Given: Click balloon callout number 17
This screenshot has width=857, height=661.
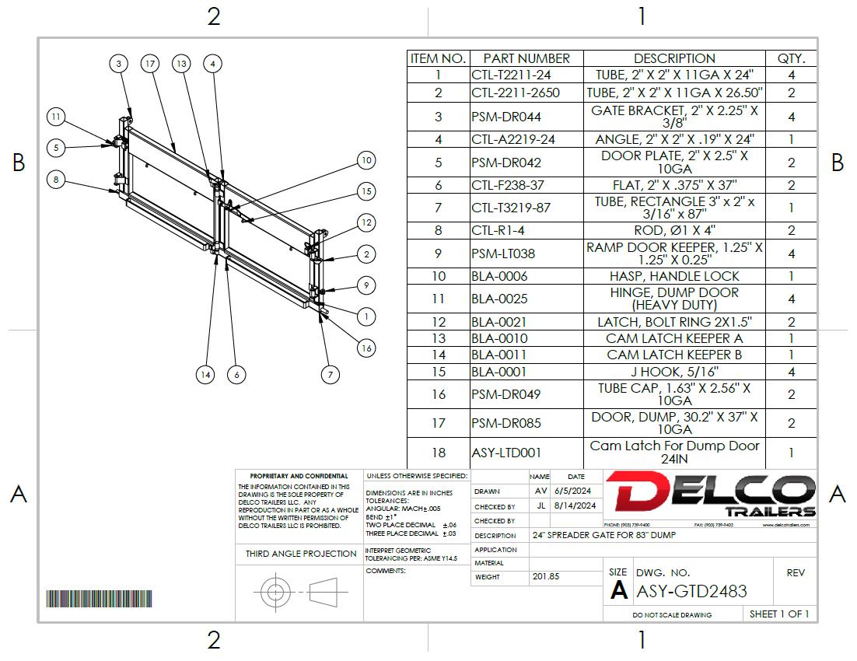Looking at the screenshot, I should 150,64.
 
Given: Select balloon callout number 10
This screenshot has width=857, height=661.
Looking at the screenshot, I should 366,161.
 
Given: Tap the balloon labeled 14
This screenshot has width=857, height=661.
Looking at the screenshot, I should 205,374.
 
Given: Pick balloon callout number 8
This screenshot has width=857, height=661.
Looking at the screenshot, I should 56,180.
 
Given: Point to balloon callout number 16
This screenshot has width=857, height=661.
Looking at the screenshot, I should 366,348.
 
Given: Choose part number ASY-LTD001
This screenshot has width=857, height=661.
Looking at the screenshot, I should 506,453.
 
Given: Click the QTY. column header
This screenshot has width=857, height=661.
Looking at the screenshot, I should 792,58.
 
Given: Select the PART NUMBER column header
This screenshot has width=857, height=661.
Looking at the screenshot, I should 526,58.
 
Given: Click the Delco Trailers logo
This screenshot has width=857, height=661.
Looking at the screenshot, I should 711,495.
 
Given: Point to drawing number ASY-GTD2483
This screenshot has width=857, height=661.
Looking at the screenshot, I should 691,591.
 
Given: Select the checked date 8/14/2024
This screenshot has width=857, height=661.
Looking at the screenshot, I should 575,505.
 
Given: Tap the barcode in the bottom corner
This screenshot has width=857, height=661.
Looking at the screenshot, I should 99,598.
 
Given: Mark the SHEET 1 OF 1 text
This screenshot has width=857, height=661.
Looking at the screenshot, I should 779,614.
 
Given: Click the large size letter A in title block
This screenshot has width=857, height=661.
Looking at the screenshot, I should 619,590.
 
